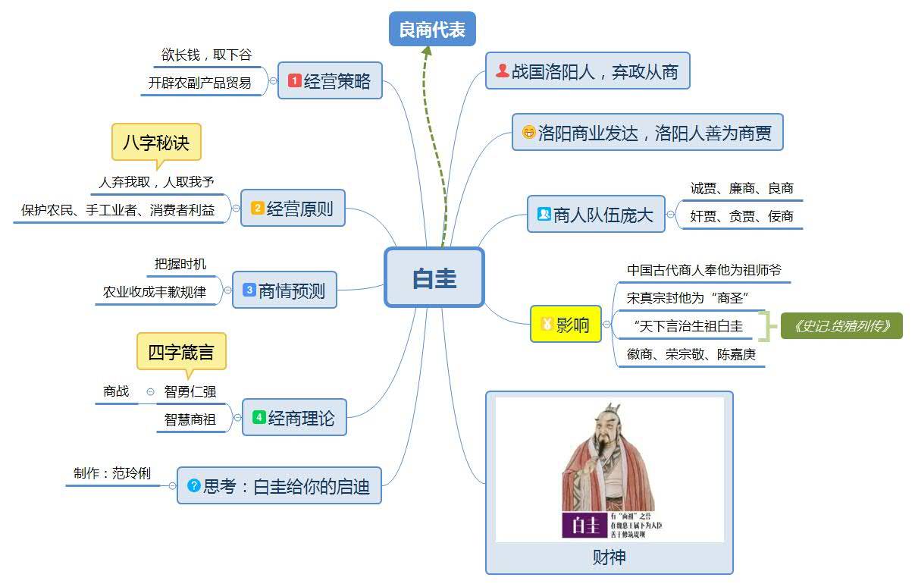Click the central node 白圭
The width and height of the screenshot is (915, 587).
(434, 278)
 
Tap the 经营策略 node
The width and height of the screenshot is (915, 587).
(330, 81)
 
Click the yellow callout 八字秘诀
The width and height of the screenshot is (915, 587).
(156, 142)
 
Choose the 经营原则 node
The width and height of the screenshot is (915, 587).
(293, 209)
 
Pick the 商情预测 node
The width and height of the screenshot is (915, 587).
(284, 290)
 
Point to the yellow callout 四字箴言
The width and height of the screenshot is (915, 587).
(181, 352)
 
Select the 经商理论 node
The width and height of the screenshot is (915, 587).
(294, 418)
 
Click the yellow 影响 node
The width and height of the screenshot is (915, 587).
(566, 325)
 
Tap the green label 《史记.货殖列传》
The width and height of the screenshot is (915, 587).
(841, 326)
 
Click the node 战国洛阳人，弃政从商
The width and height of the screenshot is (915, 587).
(588, 72)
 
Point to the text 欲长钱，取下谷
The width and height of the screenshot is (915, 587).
(206, 55)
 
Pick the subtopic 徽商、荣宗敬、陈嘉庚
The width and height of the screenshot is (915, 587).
(691, 354)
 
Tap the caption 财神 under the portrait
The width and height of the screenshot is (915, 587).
(609, 558)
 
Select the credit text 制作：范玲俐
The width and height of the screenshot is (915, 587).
(112, 474)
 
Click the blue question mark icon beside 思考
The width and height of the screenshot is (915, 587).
(193, 485)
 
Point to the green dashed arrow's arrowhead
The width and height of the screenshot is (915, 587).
(427, 51)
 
